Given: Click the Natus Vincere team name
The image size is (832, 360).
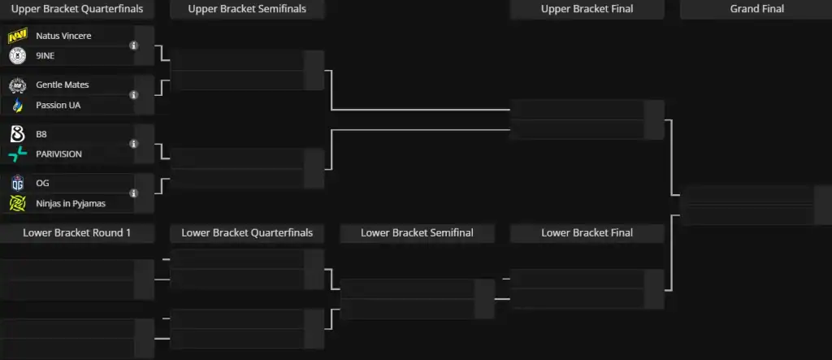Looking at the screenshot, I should coord(63,36).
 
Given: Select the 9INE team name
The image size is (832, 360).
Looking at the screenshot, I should coord(45,56).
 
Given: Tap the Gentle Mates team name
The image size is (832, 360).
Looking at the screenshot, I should coord(62,85).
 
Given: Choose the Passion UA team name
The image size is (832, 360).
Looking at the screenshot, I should coord(58,105).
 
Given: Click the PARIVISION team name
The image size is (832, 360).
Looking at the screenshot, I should coord(58,154).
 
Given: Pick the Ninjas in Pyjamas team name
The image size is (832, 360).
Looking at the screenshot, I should coord(71,203).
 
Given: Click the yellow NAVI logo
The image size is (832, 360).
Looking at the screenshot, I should coord(18,37).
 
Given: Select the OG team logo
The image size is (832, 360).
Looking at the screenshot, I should coord(18,183).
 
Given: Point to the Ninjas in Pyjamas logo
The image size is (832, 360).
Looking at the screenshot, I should coord(18,203).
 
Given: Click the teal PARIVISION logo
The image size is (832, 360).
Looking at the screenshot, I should coord(18,154).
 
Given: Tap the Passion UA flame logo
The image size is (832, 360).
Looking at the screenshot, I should coord(18,106).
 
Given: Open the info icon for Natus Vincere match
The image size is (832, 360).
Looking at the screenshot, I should coord(134,46).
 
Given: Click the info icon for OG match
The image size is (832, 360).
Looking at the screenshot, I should coord(134,193).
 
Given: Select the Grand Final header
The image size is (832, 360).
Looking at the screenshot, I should coord(757,9).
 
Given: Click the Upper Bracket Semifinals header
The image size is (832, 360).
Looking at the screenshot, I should coord(247,9).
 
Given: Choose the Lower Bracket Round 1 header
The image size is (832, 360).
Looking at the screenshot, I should coord(77,232).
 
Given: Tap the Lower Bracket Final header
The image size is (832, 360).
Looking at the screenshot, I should coord(587,232).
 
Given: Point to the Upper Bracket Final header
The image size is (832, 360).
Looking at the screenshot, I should coord(587,9).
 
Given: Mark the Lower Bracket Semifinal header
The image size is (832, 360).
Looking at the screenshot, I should coord(417,232).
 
